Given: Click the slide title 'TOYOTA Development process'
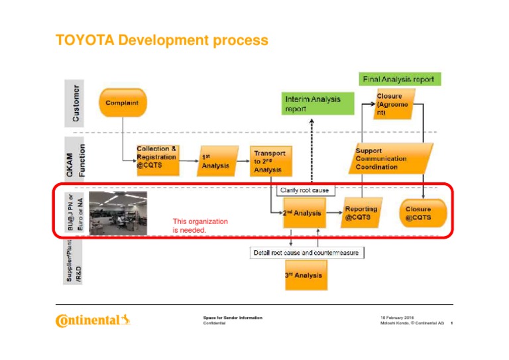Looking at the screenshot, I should click(162, 41).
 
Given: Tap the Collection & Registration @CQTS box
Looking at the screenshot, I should click(157, 158).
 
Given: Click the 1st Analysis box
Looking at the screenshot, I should click(215, 162).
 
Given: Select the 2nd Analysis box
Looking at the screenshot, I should click(302, 213).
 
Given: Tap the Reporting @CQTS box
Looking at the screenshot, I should click(361, 213).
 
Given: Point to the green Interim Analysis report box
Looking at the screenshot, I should click(312, 104).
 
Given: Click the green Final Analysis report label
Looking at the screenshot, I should click(398, 79).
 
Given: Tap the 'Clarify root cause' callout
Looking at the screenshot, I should click(304, 190).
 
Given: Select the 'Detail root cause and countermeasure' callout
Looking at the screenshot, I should click(308, 253).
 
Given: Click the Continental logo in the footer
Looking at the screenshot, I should click(93, 322).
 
